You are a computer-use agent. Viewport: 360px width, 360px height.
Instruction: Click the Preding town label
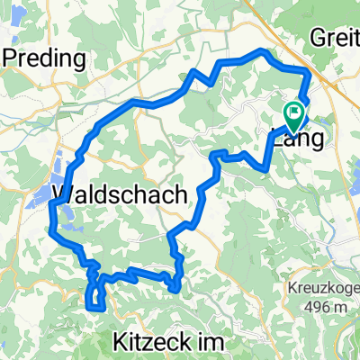(x=46, y=59)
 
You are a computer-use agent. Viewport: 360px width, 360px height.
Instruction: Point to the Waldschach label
(x=121, y=194)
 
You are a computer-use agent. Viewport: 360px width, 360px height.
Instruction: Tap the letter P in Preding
(x=13, y=59)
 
